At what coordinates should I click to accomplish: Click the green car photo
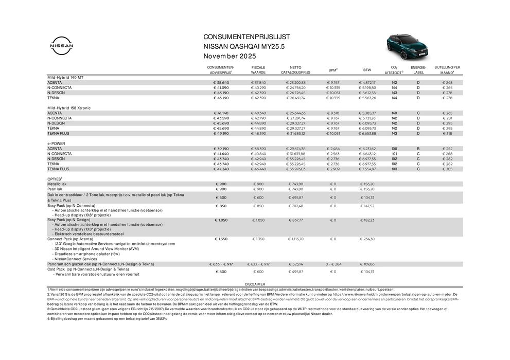(407, 46)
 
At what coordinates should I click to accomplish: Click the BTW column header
(367, 70)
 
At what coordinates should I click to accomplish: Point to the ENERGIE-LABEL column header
(418, 70)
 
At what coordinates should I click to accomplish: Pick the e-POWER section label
(56, 143)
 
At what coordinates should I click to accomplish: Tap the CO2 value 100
(394, 148)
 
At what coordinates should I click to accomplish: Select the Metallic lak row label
(57, 184)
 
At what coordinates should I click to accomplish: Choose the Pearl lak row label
(55, 189)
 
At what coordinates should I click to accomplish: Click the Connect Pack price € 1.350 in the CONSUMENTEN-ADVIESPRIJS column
(221, 239)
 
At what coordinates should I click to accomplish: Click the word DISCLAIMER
(255, 283)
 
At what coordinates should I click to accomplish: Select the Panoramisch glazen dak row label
(100, 264)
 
